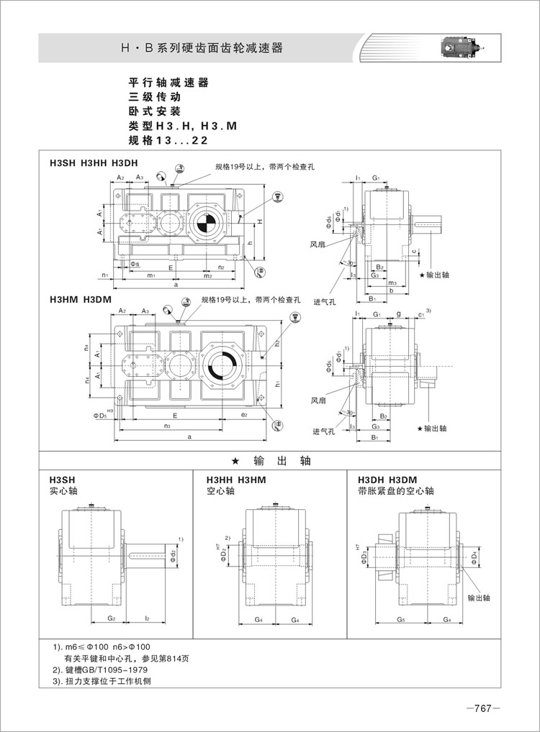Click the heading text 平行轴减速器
pos(168,83)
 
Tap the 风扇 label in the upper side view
pos(318,244)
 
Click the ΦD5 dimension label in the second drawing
pos(100,416)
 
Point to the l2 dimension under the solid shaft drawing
pos(147,618)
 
